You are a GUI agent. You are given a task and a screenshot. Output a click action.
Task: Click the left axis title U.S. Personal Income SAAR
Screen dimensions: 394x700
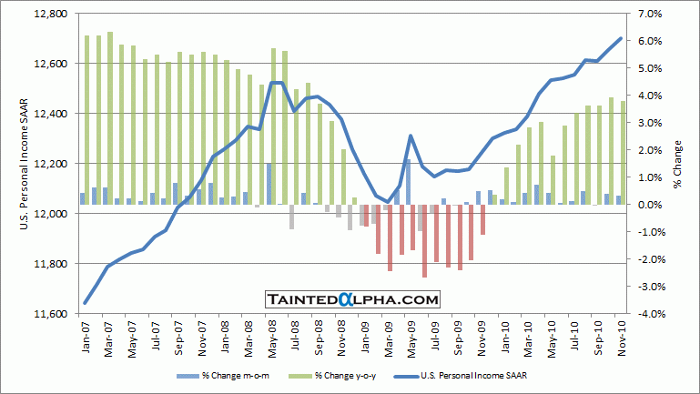[x=25, y=164]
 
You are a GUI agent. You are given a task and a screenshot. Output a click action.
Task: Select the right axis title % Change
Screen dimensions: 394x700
[x=678, y=164]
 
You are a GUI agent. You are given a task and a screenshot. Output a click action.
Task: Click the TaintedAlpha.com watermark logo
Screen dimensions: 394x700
[x=352, y=298]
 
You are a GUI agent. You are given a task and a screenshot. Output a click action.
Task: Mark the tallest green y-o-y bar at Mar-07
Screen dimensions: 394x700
[x=110, y=118]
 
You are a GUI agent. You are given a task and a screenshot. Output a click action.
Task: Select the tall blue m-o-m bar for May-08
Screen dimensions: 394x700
[x=269, y=184]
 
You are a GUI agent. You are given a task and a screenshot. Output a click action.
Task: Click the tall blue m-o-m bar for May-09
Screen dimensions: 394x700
[x=408, y=182]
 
